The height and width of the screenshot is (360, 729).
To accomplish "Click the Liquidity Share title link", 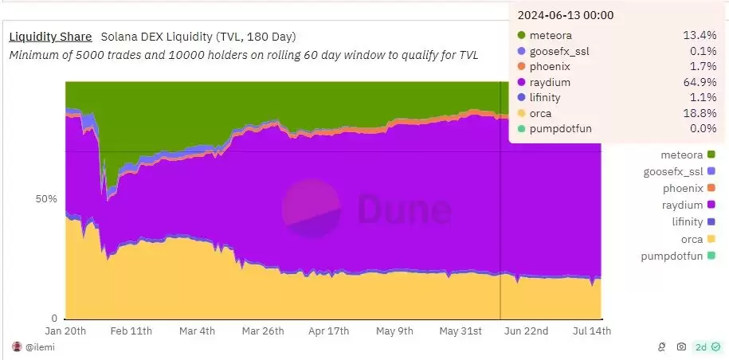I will click(x=50, y=37).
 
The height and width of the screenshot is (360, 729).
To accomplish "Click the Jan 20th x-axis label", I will click(x=66, y=331).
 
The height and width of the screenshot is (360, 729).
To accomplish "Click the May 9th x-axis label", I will click(x=394, y=331).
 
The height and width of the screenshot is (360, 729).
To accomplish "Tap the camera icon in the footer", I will click(x=681, y=346).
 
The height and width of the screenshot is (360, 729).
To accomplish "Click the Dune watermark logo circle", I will click(x=312, y=208).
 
